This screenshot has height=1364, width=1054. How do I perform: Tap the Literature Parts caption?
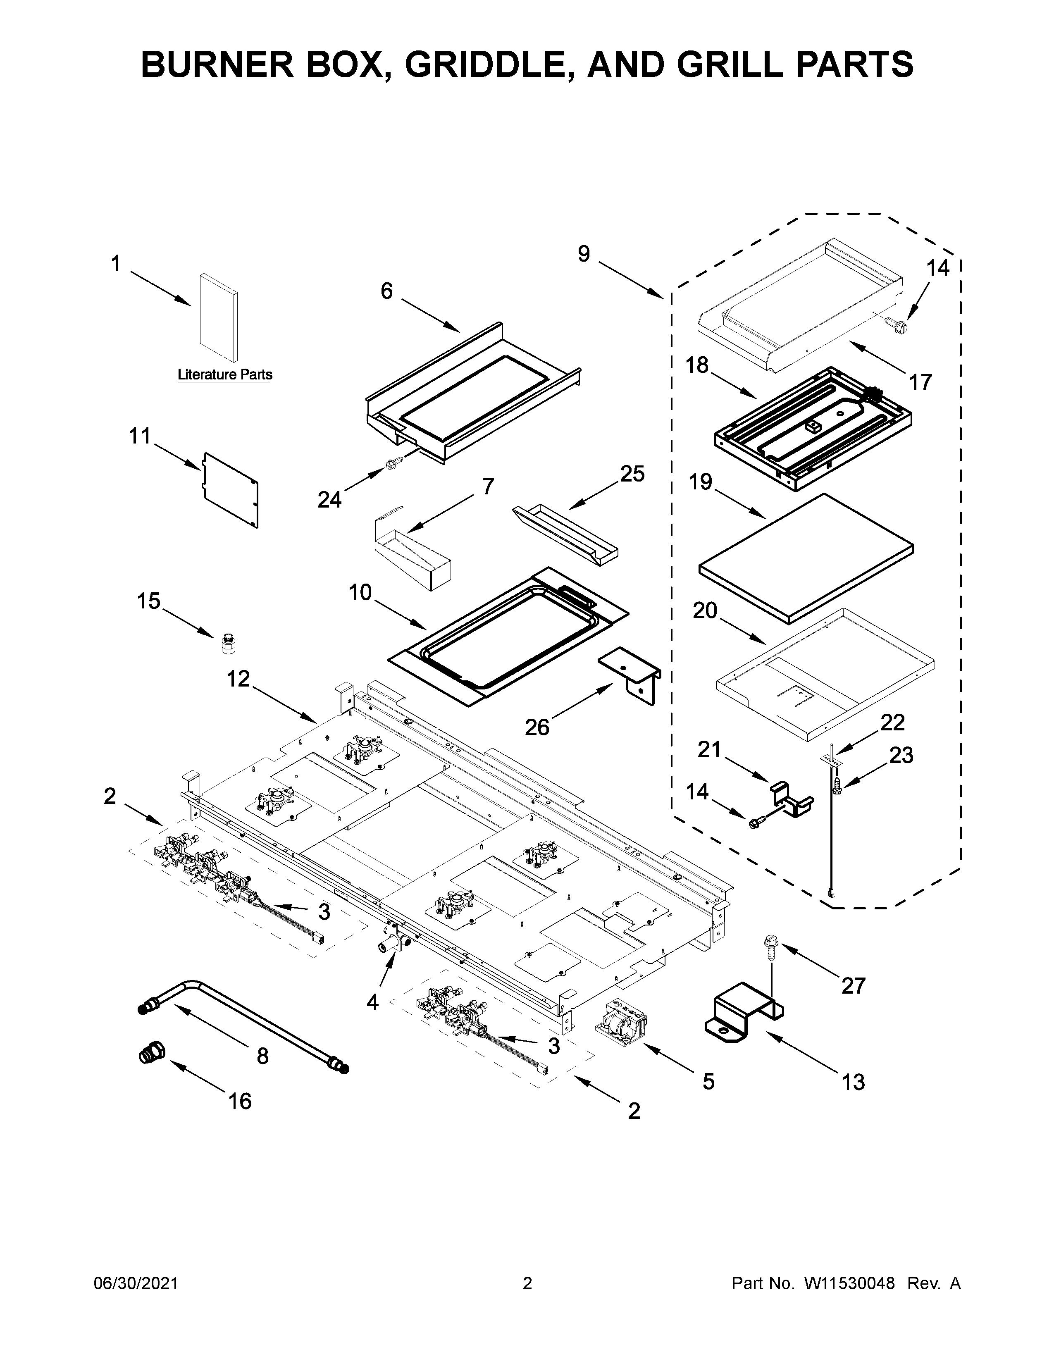225,375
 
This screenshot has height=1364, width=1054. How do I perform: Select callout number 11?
140,436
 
